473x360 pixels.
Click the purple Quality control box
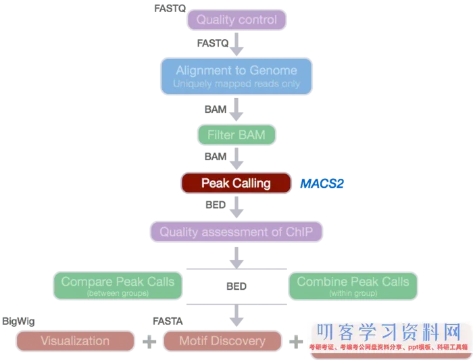(236, 20)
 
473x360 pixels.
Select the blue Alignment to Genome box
(236, 76)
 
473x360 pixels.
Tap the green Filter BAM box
(236, 135)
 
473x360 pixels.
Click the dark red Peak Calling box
(236, 183)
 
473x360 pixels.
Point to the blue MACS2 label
(322, 183)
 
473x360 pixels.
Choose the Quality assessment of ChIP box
(236, 232)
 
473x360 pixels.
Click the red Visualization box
(75, 340)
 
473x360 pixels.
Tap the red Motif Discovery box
(222, 340)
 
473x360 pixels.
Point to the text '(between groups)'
(118, 294)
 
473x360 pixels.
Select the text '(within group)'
(353, 294)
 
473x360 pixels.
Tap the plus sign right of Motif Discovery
(295, 341)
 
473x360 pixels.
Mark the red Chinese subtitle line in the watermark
(389, 348)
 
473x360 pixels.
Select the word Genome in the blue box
(274, 70)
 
